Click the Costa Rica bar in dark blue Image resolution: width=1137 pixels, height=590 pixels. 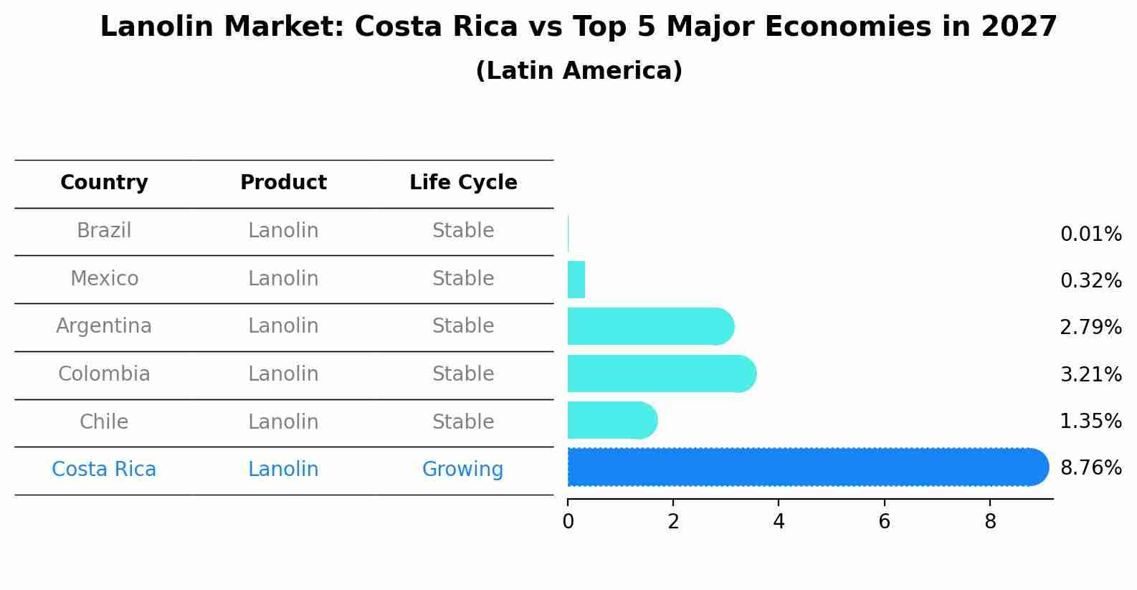coord(807,467)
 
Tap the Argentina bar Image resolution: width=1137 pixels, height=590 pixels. coord(650,327)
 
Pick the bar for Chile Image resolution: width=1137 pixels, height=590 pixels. coord(612,420)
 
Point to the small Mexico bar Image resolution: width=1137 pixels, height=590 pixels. coord(576,280)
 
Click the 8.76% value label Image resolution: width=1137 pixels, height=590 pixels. coord(1090,468)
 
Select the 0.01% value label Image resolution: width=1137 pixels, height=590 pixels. coord(1090,234)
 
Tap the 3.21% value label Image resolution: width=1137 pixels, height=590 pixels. coord(1090,374)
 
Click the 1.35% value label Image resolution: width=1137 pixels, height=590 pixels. coord(1090,422)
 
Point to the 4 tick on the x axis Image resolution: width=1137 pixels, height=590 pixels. coord(779,522)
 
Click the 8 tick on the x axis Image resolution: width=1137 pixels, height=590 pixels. coord(990,522)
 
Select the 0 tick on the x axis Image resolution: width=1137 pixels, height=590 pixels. coord(568,522)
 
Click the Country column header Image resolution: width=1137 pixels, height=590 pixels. coord(104,183)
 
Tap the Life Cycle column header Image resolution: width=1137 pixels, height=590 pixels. coord(463,183)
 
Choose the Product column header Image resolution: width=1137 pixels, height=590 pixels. coord(283,183)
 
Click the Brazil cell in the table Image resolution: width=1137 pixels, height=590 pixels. coord(104,231)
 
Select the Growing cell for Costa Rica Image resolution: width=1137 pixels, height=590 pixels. coord(462,470)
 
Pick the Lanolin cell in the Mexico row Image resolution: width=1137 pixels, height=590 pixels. coord(283,279)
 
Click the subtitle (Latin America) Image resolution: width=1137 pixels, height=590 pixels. coord(579,71)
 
